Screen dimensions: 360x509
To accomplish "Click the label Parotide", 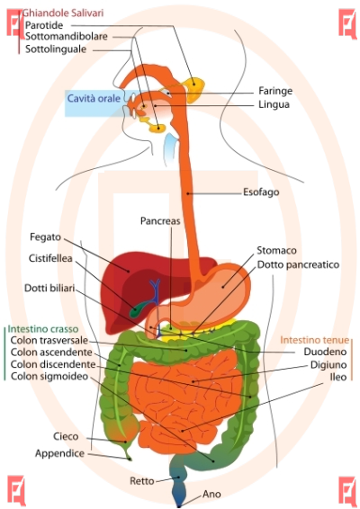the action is pos(44,25).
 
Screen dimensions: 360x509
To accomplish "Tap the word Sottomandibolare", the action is pos(67,36).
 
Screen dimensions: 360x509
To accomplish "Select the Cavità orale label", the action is pos(94,98).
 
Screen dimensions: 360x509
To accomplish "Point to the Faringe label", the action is pos(275,91).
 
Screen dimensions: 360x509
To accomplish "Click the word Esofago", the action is pos(261,192).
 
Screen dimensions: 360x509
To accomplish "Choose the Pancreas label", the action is pos(160,220).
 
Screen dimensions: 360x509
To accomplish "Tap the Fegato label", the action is pos(46,237).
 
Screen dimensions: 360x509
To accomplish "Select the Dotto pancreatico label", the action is pos(298,265).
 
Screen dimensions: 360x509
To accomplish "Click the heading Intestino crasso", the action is pos(43,329).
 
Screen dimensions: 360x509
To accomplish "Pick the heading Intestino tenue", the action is pos(314,340).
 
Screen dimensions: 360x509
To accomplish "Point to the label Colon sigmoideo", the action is pos(49,376).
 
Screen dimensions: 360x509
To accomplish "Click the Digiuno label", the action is pos(328,365).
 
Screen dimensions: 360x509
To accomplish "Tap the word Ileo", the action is pos(338,377).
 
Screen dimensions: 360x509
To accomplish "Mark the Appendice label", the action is pos(59,453).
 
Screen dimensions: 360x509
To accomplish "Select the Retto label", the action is pos(142,481).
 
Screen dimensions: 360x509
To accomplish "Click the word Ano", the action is pos(211,494).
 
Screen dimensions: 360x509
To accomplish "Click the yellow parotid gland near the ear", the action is pos(194,88).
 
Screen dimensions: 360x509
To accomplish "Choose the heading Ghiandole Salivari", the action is pos(63,13).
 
